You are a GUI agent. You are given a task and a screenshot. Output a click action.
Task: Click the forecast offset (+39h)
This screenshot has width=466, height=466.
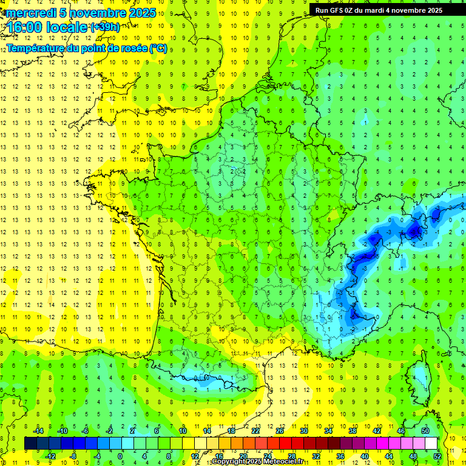coord(105,27)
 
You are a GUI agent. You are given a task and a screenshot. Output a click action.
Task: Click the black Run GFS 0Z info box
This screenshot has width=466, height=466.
coord(378,10)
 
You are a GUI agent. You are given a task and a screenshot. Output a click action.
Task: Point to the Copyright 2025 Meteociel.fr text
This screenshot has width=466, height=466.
coord(257,462)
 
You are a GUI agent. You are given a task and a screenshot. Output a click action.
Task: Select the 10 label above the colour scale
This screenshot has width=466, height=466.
coord(182,430)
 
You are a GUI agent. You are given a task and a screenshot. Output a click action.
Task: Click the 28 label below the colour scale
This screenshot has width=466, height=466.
coord(291,456)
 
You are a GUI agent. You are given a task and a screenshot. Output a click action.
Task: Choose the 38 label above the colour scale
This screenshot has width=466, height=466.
coord(352,430)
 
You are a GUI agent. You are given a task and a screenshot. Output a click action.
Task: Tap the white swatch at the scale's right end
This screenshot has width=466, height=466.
coord(431,443)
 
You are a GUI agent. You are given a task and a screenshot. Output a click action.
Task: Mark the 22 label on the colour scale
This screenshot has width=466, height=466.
coord(255,430)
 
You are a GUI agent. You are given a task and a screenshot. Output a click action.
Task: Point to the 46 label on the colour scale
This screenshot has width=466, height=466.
coord(401,430)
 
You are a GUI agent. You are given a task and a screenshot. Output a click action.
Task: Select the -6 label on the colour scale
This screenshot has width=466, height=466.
coord(86,430)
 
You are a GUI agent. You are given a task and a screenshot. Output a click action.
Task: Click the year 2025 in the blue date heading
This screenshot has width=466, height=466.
coord(142,13)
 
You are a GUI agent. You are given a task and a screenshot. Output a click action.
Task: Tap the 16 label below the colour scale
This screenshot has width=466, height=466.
coord(218,456)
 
